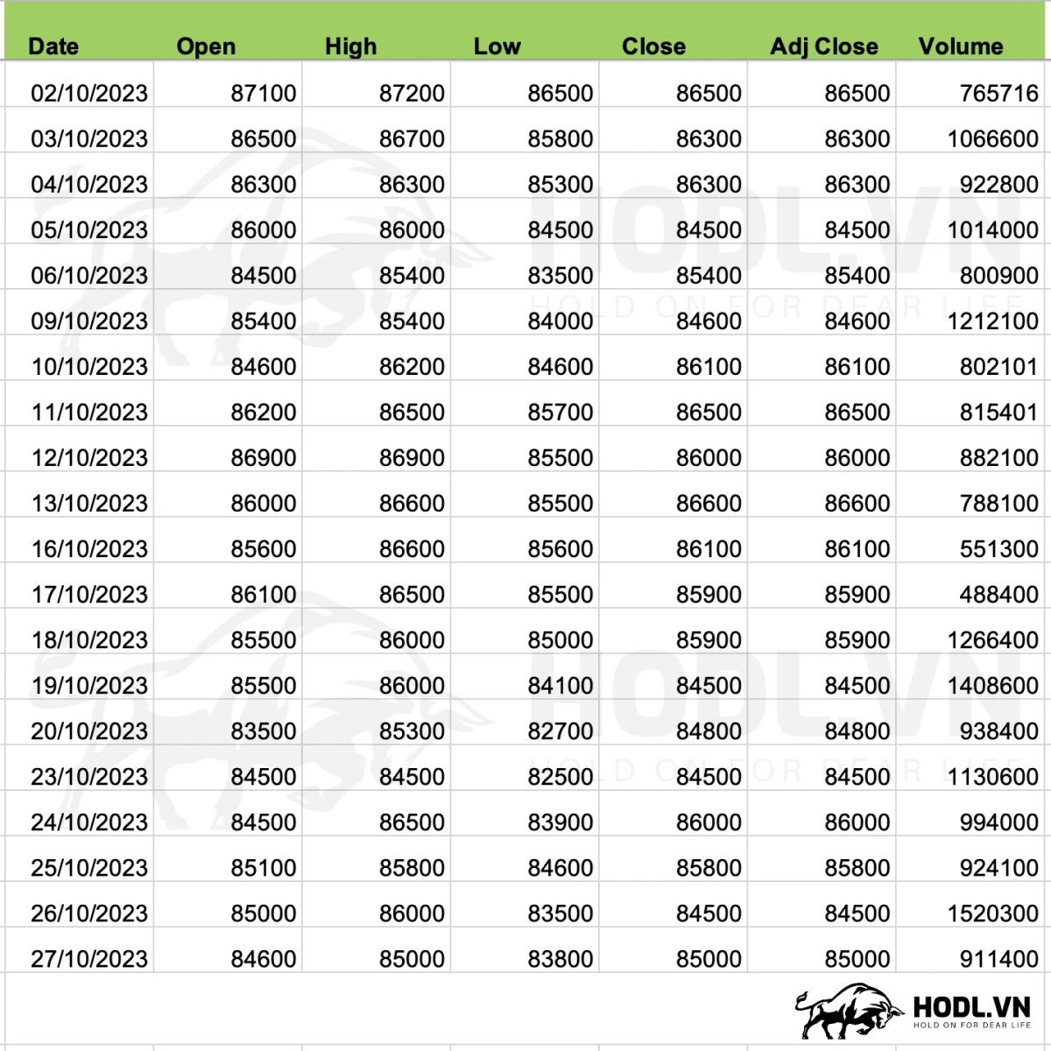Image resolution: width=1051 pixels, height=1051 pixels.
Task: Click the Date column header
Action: pos(53,46)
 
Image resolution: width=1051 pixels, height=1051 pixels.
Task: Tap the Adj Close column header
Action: pos(823,46)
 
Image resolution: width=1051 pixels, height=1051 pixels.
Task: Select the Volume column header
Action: pos(960,46)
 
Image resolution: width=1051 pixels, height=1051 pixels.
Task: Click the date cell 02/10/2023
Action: pos(89,93)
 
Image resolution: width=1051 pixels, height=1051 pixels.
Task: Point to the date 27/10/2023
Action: pos(89,959)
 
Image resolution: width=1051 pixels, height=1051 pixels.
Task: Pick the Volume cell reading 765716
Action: pos(998,93)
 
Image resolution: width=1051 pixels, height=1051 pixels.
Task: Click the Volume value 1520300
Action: pos(992,913)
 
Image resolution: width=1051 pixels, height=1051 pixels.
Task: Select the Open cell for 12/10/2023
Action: pos(263,458)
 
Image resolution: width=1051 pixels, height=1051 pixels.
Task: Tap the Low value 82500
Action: pos(560,777)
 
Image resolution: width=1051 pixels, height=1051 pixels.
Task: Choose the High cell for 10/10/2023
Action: pos(412,367)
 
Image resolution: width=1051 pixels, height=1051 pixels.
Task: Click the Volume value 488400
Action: pos(998,595)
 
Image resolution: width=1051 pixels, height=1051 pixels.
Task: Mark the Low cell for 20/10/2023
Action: pos(560,731)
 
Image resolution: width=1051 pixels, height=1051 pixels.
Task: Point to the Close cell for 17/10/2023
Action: pos(709,595)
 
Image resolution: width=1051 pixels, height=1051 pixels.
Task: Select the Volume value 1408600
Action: pos(992,686)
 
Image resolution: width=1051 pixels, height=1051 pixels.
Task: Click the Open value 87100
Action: pos(263,93)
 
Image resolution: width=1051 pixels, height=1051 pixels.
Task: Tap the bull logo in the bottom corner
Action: pos(848,1011)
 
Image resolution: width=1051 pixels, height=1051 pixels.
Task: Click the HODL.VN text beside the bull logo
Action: pos(971,1006)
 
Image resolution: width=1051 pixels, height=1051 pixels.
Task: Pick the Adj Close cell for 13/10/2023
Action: pos(857,504)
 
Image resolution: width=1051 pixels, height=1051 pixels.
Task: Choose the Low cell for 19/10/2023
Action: pos(560,686)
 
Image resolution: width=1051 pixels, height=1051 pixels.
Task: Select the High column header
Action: pos(350,46)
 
